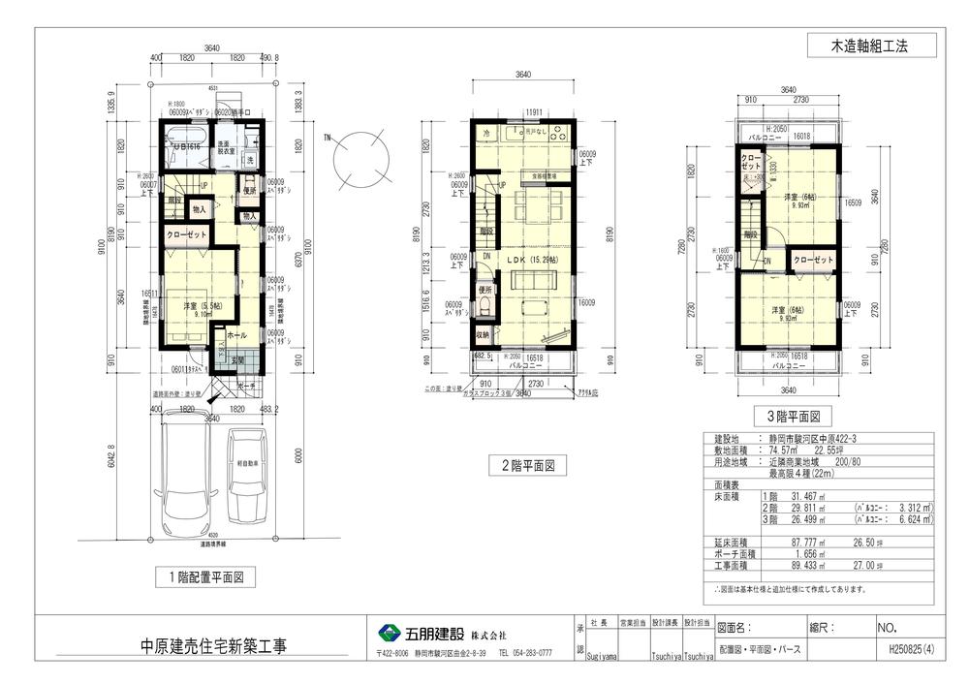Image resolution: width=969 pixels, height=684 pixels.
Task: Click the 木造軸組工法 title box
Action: [871, 45]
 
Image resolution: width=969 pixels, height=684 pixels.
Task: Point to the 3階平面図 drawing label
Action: [794, 418]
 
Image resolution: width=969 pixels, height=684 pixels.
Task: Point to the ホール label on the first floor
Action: [234, 335]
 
